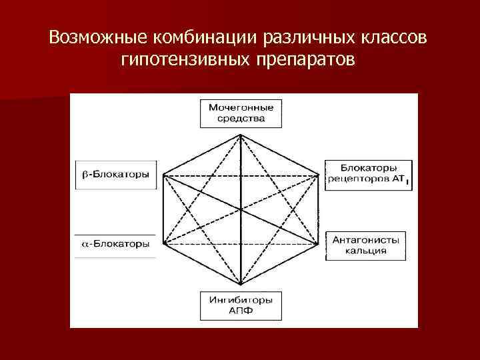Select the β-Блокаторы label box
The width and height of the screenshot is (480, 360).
pyautogui.click(x=116, y=175)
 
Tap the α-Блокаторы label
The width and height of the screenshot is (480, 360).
pyautogui.click(x=115, y=243)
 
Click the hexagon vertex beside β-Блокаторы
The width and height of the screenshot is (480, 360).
pyautogui.click(x=163, y=175)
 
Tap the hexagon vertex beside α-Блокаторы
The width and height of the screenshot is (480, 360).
pyautogui.click(x=163, y=243)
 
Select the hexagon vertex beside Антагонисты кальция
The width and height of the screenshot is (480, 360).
pyautogui.click(x=317, y=243)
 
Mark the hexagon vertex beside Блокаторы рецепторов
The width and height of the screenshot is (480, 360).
pyautogui.click(x=317, y=175)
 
